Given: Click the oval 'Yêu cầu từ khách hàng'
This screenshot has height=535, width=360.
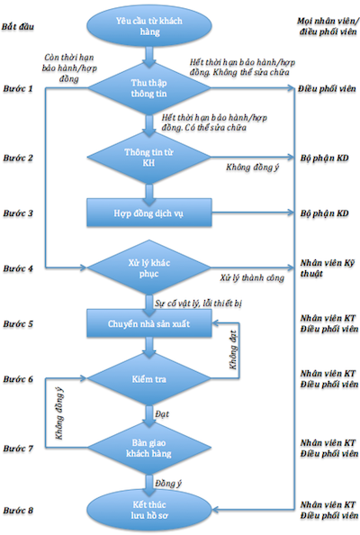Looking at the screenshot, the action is pyautogui.click(x=149, y=26).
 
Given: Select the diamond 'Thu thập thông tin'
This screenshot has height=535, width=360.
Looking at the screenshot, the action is pyautogui.click(x=149, y=88).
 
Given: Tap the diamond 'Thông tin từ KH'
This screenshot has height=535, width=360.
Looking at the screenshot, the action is pyautogui.click(x=149, y=158).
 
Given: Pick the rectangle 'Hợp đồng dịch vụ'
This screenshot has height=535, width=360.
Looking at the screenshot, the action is pyautogui.click(x=149, y=213).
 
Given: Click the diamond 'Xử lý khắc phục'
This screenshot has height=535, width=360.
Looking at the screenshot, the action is pyautogui.click(x=149, y=267).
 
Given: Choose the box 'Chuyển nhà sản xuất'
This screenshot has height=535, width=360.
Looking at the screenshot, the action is pyautogui.click(x=149, y=323).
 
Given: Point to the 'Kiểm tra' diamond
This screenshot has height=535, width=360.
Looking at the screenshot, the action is pyautogui.click(x=149, y=378).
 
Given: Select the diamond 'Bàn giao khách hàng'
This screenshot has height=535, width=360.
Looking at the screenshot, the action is pyautogui.click(x=149, y=448).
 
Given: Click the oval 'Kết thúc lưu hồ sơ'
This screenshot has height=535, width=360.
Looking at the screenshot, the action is pyautogui.click(x=149, y=510).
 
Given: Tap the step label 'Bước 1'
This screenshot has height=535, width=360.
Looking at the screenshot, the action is pyautogui.click(x=18, y=88).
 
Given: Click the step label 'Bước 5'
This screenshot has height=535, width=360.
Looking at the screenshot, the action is pyautogui.click(x=18, y=324).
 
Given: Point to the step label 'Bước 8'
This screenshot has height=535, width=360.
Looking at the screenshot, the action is pyautogui.click(x=18, y=511).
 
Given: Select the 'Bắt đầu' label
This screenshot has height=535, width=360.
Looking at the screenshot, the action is pyautogui.click(x=18, y=27).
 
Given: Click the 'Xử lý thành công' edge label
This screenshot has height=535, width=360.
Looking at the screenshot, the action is pyautogui.click(x=252, y=278).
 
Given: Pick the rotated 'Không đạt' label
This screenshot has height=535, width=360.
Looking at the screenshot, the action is pyautogui.click(x=233, y=350).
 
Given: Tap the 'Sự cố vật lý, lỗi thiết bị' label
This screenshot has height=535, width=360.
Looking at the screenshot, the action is pyautogui.click(x=198, y=303).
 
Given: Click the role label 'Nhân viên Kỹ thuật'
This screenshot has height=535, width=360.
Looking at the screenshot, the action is pyautogui.click(x=328, y=268).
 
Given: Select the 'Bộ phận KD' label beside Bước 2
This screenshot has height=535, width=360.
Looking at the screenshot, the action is pyautogui.click(x=324, y=158).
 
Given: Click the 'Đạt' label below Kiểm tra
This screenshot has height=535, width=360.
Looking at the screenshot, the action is pyautogui.click(x=162, y=414).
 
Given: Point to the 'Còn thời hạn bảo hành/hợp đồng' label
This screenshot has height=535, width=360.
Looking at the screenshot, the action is pyautogui.click(x=69, y=68).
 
